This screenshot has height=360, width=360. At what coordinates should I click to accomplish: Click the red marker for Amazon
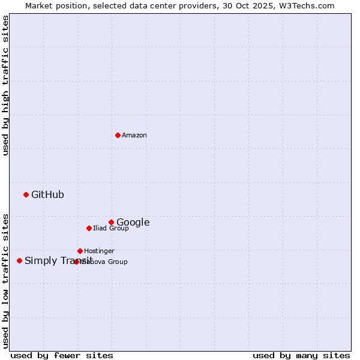pos(118,135)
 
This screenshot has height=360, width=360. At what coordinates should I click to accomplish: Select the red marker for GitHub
pos(26,194)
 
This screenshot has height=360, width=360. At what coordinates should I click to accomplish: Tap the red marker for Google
pos(111,222)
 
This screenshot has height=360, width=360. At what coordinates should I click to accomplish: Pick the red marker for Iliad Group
pos(89,228)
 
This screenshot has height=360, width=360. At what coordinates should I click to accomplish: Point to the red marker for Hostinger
pos(80,251)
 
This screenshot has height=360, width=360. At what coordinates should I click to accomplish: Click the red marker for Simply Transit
pos(19,260)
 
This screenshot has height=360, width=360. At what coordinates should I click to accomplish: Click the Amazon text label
pos(134,136)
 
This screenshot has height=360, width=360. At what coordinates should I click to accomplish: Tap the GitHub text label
pos(47,194)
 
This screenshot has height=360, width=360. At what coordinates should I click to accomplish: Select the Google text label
pos(133,223)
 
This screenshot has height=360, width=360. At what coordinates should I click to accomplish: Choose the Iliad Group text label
pos(110,229)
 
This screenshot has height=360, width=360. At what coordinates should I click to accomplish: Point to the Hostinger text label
pos(99,251)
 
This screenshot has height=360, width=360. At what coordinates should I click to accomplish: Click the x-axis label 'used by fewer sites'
pos(62,356)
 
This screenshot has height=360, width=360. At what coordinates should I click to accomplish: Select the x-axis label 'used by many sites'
pos(301,356)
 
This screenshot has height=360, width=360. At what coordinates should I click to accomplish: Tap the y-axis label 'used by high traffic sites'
pos(5,86)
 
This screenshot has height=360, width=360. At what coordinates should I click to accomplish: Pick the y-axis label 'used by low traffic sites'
pos(5,280)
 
